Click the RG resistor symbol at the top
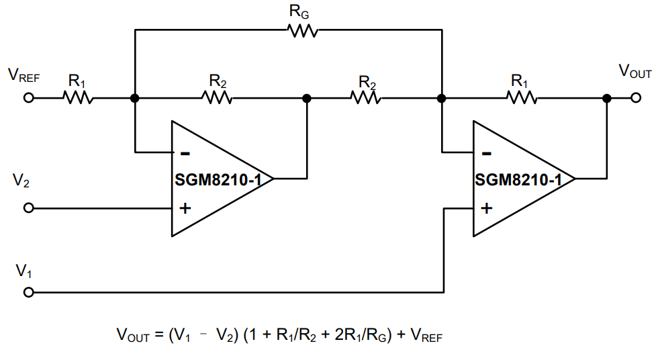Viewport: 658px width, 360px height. point(302,30)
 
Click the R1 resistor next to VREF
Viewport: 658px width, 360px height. point(78,98)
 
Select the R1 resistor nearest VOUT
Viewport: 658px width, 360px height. point(522,98)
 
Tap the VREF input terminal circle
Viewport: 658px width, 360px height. point(28,98)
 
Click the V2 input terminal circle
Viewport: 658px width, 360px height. point(28,208)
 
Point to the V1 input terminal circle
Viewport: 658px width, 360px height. point(28,293)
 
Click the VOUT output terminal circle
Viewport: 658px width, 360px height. point(636,98)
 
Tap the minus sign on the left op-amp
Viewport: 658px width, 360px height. point(185,152)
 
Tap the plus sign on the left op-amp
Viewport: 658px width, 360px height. point(185,208)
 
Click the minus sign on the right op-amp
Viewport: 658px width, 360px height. point(487,152)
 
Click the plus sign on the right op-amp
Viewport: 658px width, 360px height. point(487,208)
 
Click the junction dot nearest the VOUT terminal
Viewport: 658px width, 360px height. point(607,98)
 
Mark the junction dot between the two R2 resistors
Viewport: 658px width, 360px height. point(307,98)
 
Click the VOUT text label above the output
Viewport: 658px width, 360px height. point(634,71)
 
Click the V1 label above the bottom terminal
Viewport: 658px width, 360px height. point(23,271)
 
